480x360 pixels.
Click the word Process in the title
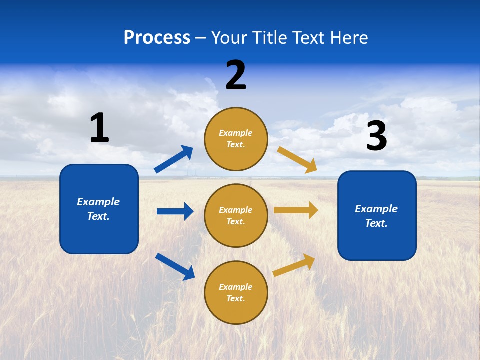pos(157,38)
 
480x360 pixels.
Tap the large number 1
pos(99,128)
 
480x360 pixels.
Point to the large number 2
pos(236,75)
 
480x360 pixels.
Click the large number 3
pos(376,136)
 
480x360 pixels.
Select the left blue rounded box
pos(99,209)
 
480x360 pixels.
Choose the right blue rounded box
pos(377,215)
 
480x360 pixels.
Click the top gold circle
pos(236,139)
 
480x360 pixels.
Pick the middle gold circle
pos(236,215)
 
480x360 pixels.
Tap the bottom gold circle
pos(236,292)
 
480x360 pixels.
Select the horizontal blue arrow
pos(175,211)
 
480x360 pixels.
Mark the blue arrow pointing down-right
pos(175,266)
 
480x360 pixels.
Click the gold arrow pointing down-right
pos(297,159)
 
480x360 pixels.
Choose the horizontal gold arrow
pos(296,210)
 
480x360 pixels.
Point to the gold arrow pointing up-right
pos(294,265)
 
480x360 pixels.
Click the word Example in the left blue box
pos(98,202)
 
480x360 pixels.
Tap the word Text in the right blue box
pos(376,223)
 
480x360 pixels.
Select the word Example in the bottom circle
pos(235,287)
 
